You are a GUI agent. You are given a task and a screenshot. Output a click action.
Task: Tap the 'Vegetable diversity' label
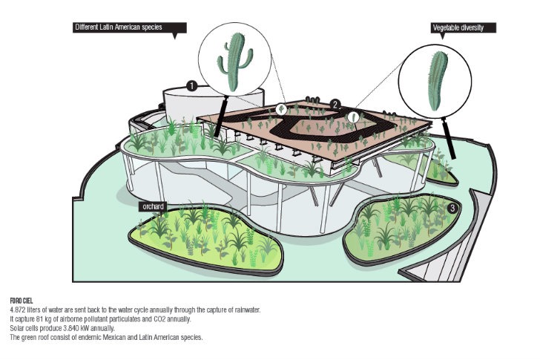coord(464,27)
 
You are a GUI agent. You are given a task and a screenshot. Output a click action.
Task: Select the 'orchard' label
coord(154,206)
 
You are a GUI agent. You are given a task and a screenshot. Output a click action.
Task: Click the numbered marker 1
coord(191,86)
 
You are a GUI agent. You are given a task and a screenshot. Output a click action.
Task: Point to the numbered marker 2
coord(335,104)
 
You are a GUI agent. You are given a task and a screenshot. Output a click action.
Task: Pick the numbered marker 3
coord(452,209)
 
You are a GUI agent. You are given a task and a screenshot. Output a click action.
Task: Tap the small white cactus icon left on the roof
coord(282,110)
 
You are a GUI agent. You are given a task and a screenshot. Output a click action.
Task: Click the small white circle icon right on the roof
coord(354,117)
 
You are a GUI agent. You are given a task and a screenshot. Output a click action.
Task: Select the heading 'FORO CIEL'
coord(22,301)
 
